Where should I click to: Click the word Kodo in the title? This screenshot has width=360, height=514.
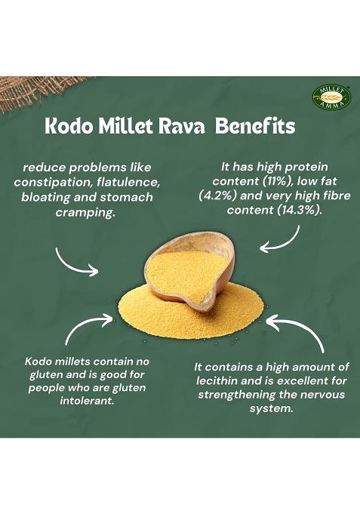(68, 125)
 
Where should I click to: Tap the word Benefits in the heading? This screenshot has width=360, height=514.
(255, 125)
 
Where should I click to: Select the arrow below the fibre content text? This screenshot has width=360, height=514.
(281, 239)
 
